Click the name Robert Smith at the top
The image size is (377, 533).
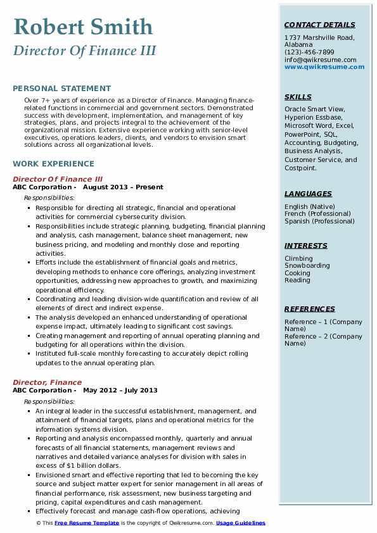pos(83,27)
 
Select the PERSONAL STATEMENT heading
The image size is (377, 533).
pos(61,89)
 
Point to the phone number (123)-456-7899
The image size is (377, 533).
pos(309,52)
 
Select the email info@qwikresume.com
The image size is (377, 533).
pos(321,60)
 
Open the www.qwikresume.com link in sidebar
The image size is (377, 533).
pos(321,66)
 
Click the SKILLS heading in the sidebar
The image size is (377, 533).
pos(298,97)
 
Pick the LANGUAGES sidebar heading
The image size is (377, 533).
pos(308,194)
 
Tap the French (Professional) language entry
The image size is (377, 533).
pos(318,214)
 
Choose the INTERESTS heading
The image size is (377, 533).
pos(306,246)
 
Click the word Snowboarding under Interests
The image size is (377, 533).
pos(307,266)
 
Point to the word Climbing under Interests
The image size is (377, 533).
pos(298,258)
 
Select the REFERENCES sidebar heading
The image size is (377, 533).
pos(310,309)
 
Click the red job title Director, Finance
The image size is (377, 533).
pos(47,382)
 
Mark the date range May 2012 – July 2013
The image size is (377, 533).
pos(120,391)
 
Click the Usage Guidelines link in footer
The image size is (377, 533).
pos(241,523)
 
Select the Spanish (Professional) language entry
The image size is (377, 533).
pos(320,222)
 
